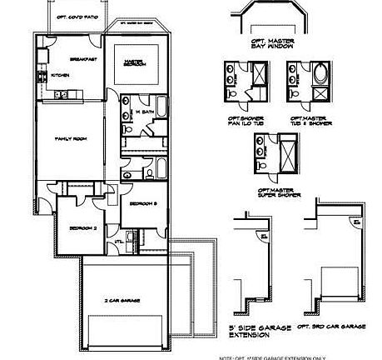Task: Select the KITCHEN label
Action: coord(60,76)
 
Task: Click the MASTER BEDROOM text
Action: coord(136,64)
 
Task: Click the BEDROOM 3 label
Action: coord(138,202)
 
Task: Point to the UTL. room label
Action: coord(119,242)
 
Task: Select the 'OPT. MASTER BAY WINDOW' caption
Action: coord(270,42)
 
